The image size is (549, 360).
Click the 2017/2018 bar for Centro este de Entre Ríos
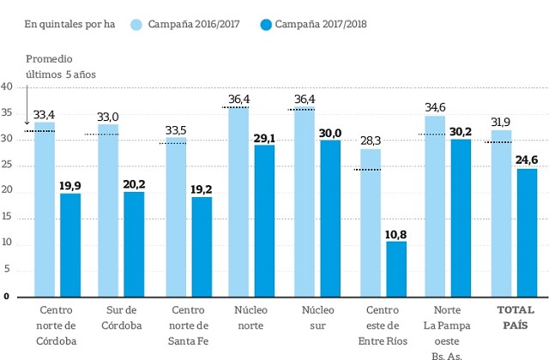tap(396, 268)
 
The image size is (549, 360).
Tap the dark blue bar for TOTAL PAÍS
tap(526, 232)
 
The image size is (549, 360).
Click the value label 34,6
tap(435, 107)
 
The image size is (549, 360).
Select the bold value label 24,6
tap(527, 159)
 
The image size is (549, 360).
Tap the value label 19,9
tap(70, 184)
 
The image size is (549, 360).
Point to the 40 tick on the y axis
tap(6, 87)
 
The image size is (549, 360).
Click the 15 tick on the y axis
tap(6, 218)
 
